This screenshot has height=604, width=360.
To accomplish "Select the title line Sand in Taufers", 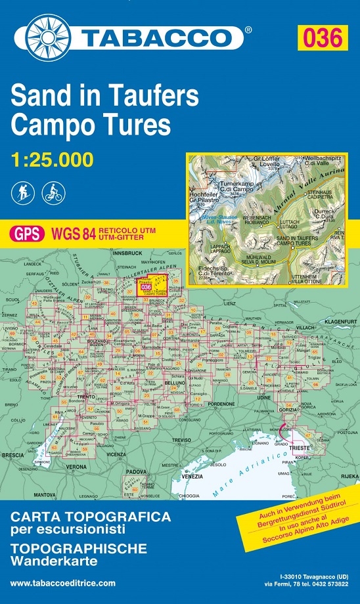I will click(x=104, y=97).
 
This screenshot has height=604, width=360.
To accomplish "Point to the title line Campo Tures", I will click(x=91, y=123).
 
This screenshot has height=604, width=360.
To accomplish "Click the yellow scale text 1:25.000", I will click(x=52, y=159).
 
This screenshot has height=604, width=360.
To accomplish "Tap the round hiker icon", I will click(x=20, y=192).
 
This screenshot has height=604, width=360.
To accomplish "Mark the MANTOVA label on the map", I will click(x=45, y=494).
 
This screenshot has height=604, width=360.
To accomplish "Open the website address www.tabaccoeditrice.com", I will click(x=63, y=583).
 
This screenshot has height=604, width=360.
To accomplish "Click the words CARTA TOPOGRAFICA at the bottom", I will click(x=91, y=517).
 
